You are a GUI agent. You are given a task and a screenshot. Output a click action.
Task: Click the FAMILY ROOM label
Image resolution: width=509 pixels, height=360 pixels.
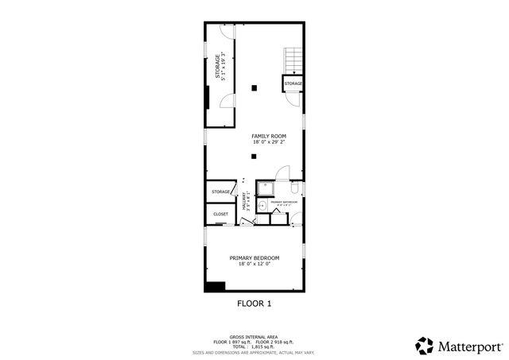(x=269, y=136)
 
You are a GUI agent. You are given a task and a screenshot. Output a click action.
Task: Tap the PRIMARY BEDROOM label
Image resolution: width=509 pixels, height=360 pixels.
(x=254, y=257)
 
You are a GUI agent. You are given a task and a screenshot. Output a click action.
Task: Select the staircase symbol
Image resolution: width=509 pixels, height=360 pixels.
(x=293, y=58)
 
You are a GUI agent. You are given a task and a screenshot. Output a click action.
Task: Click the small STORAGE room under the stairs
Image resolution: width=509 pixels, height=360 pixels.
(x=293, y=83)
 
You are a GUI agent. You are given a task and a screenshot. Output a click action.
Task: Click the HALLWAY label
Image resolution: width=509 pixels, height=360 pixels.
(x=246, y=203)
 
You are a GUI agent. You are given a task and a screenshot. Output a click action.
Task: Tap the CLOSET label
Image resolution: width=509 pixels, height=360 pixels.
(x=220, y=214)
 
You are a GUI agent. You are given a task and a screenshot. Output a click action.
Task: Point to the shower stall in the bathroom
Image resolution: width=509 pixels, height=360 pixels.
(x=265, y=188)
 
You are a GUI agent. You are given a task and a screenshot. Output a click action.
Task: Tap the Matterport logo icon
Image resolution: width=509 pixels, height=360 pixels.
(x=424, y=346)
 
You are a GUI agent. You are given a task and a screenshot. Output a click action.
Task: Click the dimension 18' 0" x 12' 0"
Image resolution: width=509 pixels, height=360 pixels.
(x=254, y=265)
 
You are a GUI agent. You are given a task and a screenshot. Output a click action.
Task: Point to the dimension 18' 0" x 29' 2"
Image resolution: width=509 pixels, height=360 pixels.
(x=269, y=142)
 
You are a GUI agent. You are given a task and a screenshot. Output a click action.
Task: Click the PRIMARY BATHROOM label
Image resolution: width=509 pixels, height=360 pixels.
(x=284, y=202)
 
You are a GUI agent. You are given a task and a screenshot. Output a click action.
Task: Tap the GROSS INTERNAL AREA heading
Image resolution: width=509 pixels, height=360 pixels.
(x=254, y=337)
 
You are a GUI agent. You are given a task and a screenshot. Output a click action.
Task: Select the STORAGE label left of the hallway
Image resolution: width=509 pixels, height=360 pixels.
(x=220, y=192)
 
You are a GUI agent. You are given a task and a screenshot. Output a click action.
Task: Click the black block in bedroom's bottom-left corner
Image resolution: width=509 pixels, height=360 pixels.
(x=215, y=286)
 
